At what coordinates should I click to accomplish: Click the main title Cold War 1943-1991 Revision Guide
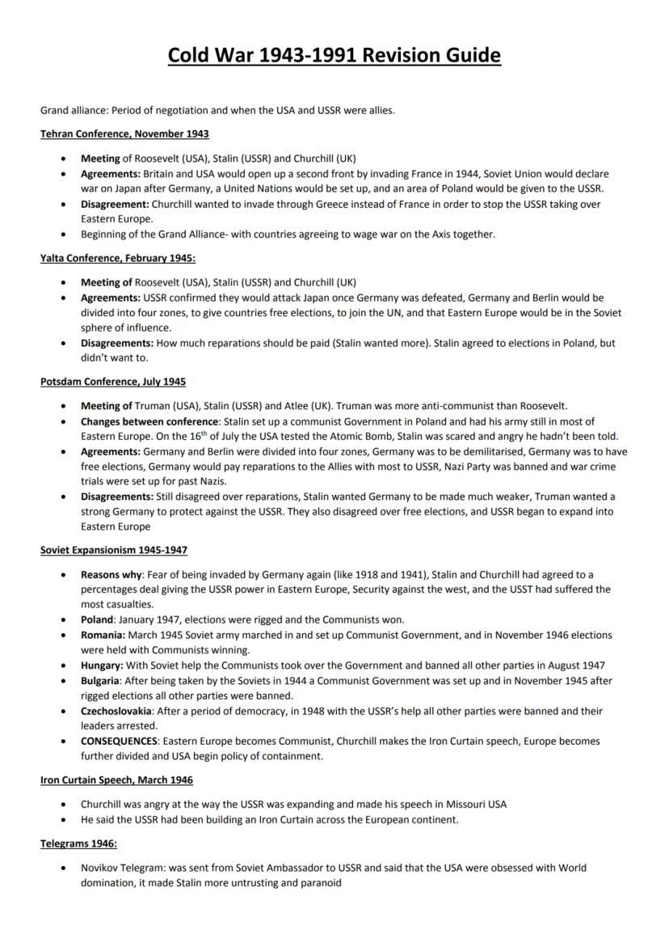(x=334, y=55)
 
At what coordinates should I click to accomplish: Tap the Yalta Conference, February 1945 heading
(x=118, y=258)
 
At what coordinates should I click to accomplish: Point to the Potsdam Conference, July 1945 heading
(x=113, y=381)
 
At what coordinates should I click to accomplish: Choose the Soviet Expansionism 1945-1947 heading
(x=114, y=550)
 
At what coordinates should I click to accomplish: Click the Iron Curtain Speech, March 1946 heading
(x=116, y=780)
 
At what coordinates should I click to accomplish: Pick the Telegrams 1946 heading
(x=78, y=843)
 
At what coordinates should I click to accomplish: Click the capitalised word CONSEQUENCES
(x=119, y=741)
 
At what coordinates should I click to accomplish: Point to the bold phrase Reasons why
(x=110, y=574)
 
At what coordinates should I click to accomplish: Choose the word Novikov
(x=99, y=868)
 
